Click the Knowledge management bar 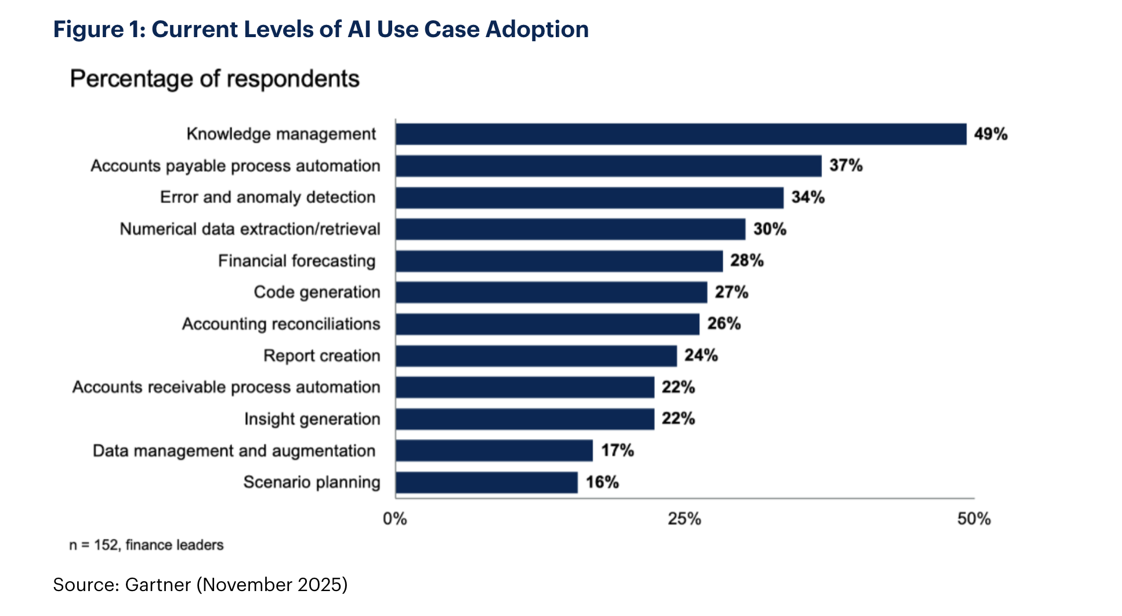tap(681, 134)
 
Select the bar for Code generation tap(551, 292)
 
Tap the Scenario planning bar tap(486, 483)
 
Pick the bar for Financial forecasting tap(559, 261)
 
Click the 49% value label tap(990, 134)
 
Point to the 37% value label tap(845, 166)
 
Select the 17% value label tap(617, 451)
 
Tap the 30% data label tap(769, 229)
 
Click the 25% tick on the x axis tap(684, 519)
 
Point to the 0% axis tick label tap(395, 519)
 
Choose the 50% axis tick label tap(973, 519)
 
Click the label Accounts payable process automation tap(235, 166)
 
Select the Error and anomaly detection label tap(267, 197)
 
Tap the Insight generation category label tap(312, 419)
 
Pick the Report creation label tap(321, 356)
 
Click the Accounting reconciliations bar tap(547, 324)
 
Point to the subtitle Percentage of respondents tap(215, 79)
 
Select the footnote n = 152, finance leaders tap(146, 545)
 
